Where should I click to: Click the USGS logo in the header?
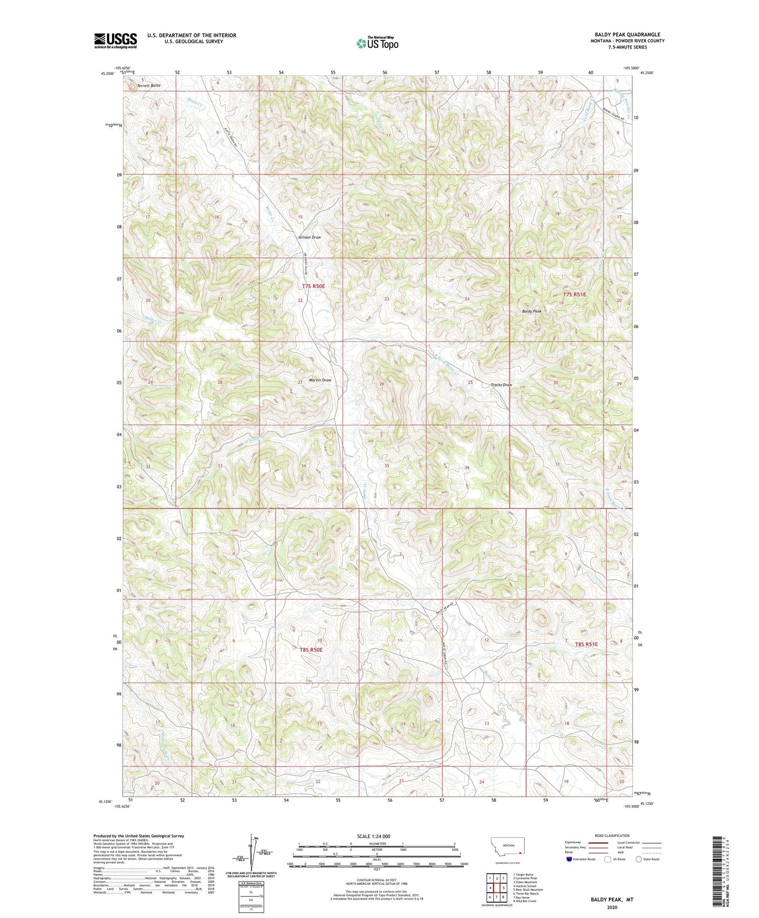point(115,40)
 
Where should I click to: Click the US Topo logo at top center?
point(377,43)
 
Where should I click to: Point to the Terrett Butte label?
point(149,85)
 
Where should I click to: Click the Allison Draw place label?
point(309,237)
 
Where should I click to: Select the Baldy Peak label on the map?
point(531,311)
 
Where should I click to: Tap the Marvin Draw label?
point(320,380)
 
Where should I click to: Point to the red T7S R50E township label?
point(313,287)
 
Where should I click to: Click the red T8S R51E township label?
point(586,644)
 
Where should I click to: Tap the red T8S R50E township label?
point(311,650)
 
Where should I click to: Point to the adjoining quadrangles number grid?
point(496,889)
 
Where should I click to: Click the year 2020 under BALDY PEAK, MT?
point(611,907)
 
